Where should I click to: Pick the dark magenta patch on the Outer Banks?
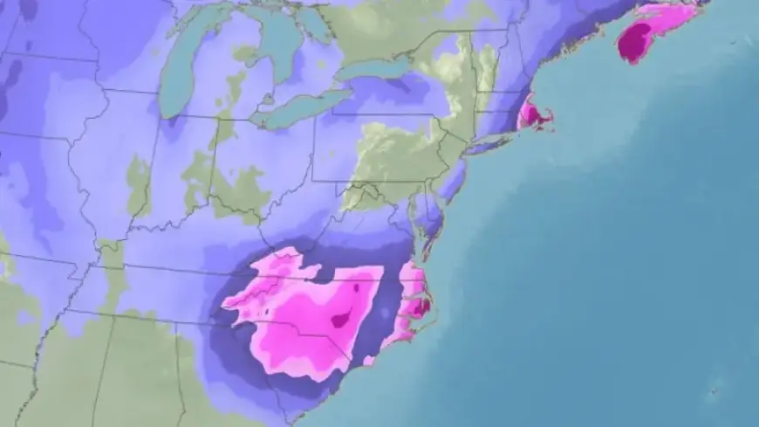421,305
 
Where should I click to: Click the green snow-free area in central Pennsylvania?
393,148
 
